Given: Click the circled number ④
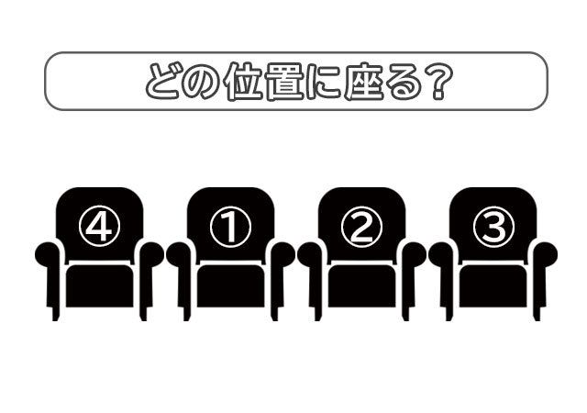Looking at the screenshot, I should pyautogui.click(x=99, y=228).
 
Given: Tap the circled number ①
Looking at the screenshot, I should pyautogui.click(x=230, y=228).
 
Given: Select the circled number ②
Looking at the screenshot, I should pyautogui.click(x=361, y=228).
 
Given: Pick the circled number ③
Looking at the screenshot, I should pyautogui.click(x=493, y=228).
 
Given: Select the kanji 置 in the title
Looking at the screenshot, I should pyautogui.click(x=281, y=82).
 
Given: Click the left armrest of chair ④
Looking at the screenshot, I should pyautogui.click(x=48, y=256).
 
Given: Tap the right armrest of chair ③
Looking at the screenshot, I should pyautogui.click(x=545, y=256).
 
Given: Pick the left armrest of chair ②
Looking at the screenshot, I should pyautogui.click(x=310, y=256).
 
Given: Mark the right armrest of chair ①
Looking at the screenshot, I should pyautogui.click(x=282, y=256).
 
